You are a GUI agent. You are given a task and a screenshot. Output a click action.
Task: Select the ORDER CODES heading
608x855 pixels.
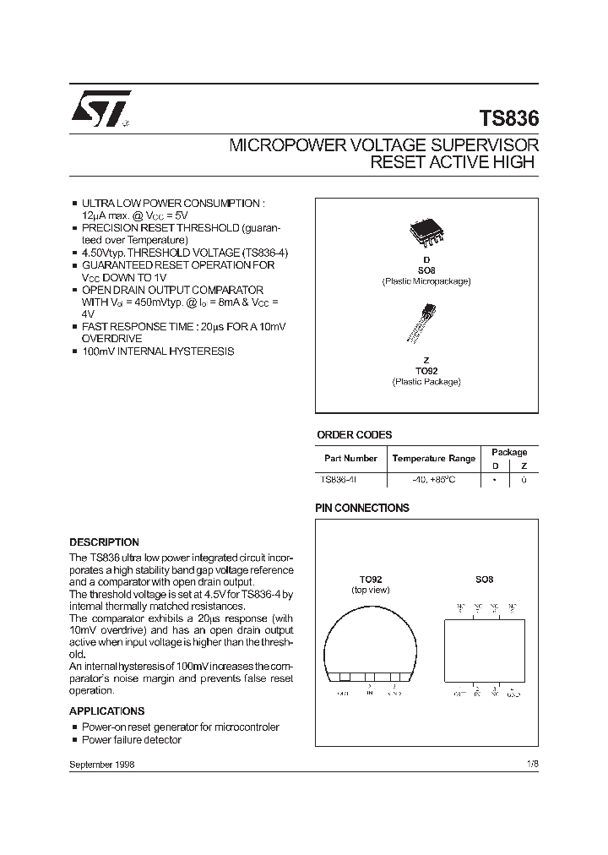pos(354,435)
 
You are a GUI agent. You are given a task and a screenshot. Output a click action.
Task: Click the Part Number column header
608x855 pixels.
pos(350,459)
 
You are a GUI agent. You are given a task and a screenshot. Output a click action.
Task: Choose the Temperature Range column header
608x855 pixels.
pos(433,459)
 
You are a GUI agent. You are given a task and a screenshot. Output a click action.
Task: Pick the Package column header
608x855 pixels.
pos(509,453)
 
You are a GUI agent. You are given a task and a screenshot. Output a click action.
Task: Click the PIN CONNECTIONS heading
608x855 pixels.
pos(361,508)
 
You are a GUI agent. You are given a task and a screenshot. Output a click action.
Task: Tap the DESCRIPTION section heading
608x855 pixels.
pos(104,542)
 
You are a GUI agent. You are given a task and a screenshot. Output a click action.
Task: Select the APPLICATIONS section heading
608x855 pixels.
pos(106,711)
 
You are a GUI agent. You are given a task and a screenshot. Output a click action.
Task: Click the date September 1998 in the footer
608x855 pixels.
pos(101,764)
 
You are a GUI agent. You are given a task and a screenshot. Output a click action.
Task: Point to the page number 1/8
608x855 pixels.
pos(531,764)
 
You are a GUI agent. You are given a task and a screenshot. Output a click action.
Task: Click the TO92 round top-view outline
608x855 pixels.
pos(371,643)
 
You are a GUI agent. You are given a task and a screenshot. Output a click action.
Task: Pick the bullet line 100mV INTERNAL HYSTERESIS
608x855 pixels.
pos(157,351)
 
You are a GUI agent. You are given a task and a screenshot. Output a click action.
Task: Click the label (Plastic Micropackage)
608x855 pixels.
pos(426,280)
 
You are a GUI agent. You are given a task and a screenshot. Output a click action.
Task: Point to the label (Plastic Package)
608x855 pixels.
pos(426,382)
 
